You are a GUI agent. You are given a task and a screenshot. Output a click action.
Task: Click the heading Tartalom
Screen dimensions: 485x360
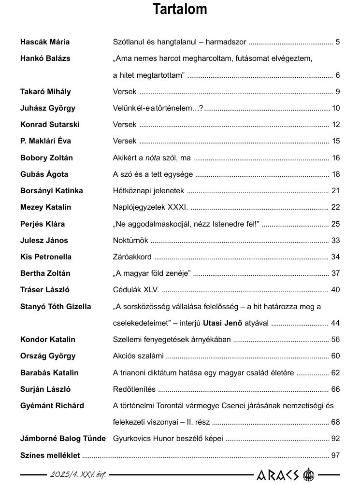tap(180, 9)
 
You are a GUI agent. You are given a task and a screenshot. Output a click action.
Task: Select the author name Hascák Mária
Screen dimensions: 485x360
tap(44, 42)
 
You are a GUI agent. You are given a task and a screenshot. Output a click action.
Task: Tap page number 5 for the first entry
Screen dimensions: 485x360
tap(338, 42)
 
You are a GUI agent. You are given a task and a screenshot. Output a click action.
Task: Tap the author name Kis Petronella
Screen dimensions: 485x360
tap(45, 257)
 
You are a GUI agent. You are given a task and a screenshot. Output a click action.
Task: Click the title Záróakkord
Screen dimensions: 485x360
tap(132, 257)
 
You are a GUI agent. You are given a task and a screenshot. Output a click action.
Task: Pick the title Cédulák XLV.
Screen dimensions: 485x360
tap(136, 290)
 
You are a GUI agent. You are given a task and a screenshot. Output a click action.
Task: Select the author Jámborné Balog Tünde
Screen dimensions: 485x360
tap(63, 439)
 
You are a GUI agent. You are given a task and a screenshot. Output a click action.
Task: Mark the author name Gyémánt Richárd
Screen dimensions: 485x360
tap(52, 406)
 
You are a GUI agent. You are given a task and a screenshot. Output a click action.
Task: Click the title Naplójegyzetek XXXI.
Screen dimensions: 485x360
tap(150, 207)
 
